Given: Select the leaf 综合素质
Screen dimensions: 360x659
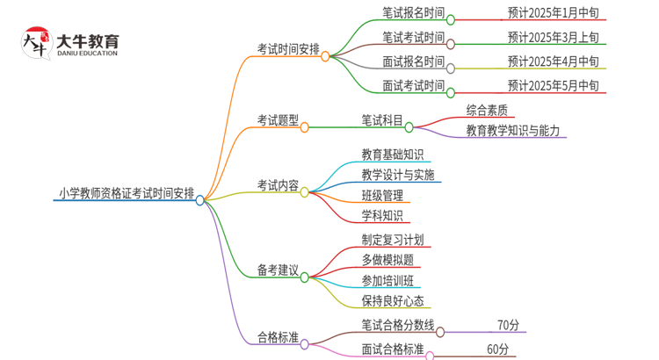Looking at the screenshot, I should click(486, 111).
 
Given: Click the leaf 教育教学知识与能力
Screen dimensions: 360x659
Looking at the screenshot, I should click(511, 130).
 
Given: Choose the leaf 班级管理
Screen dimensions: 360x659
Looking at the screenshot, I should click(382, 195).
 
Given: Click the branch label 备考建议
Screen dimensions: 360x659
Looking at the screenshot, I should click(278, 270).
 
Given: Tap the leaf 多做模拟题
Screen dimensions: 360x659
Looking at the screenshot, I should click(387, 260).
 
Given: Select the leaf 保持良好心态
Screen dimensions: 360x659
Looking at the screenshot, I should click(392, 301).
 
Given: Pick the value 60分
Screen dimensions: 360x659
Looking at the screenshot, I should click(497, 349).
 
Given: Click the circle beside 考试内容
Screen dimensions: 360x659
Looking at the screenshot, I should click(305, 191).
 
